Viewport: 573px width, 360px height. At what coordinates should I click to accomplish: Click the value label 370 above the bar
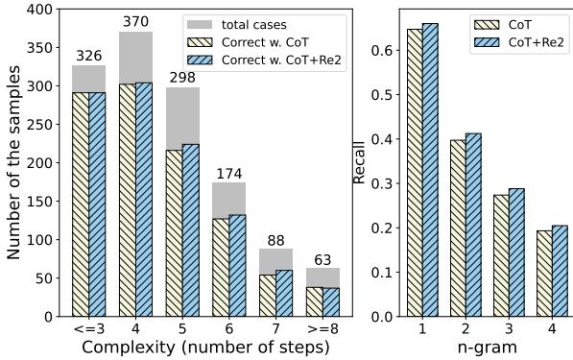click(x=135, y=22)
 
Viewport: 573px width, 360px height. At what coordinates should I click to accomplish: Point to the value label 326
click(x=88, y=56)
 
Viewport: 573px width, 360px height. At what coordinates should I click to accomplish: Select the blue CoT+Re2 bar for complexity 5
click(x=190, y=230)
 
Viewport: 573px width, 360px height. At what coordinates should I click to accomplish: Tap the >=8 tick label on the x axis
click(x=322, y=328)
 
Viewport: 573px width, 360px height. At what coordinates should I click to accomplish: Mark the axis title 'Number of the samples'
click(x=13, y=163)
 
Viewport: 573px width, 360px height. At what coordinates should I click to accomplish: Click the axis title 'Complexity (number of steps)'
click(x=205, y=348)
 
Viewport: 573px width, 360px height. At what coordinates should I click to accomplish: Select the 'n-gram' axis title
click(x=487, y=348)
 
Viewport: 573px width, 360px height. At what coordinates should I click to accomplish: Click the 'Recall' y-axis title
click(x=359, y=163)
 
